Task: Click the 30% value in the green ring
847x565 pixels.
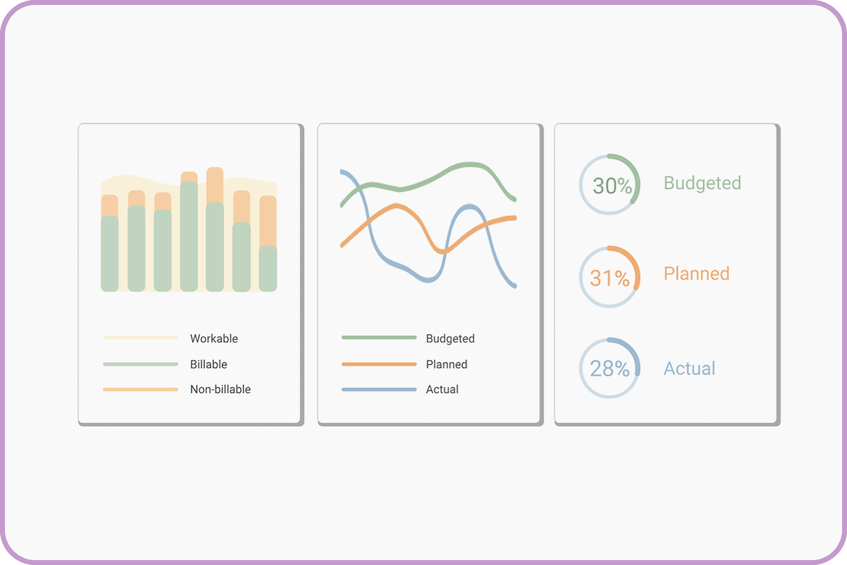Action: coord(612,186)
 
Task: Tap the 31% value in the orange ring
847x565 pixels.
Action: coord(609,278)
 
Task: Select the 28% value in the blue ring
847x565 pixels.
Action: coord(609,369)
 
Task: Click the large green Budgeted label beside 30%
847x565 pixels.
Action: coord(702,183)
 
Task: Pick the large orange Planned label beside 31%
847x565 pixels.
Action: coord(697,273)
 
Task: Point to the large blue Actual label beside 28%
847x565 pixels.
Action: coord(690,368)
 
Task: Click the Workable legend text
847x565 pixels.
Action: coord(214,338)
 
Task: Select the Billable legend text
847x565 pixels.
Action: coord(208,364)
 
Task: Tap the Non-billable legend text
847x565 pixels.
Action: coord(220,389)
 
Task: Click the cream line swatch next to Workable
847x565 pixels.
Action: coord(140,338)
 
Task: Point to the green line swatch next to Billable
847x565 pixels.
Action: coord(140,364)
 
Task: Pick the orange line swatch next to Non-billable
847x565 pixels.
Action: coord(140,389)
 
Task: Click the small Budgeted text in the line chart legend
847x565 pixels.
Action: coord(450,338)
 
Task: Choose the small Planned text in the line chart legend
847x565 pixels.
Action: coord(447,364)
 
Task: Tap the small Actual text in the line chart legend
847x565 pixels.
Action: coord(443,389)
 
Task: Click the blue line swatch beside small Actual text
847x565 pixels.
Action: coord(379,389)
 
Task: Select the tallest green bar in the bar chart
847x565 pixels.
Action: coord(188,237)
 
